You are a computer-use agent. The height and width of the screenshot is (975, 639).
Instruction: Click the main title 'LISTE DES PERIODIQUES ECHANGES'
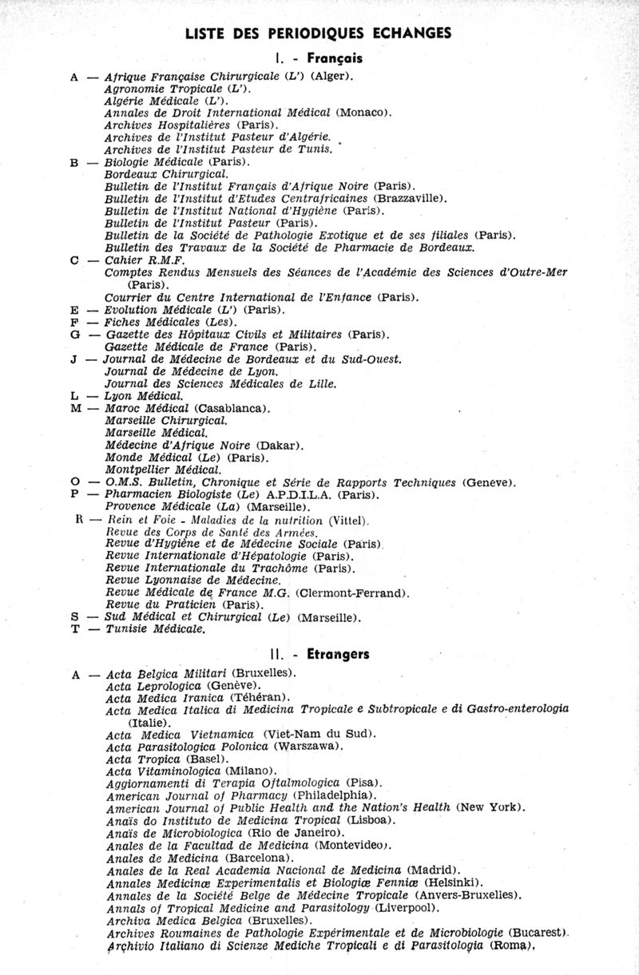click(318, 33)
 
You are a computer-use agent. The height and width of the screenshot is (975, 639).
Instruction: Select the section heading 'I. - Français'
click(318, 58)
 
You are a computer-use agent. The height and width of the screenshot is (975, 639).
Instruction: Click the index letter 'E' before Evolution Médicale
click(74, 310)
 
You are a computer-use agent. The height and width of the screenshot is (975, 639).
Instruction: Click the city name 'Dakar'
click(279, 446)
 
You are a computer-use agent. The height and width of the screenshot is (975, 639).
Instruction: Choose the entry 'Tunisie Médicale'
click(155, 630)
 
